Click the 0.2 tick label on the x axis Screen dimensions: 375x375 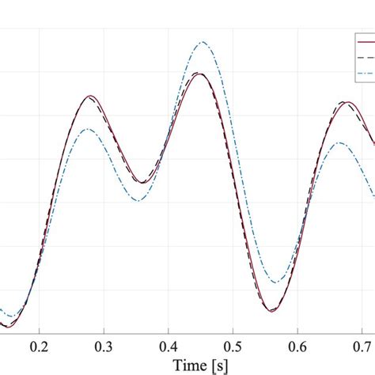(38, 346)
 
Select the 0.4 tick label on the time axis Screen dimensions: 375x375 (168, 346)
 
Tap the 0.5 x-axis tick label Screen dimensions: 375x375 (233, 346)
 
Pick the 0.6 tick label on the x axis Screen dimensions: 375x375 (297, 346)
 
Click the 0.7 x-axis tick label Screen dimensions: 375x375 (362, 346)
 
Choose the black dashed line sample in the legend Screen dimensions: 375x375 (366, 58)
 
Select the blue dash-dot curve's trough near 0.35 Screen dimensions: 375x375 (138, 200)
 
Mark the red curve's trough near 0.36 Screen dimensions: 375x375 (141, 183)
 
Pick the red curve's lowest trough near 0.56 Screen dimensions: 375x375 (271, 311)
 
